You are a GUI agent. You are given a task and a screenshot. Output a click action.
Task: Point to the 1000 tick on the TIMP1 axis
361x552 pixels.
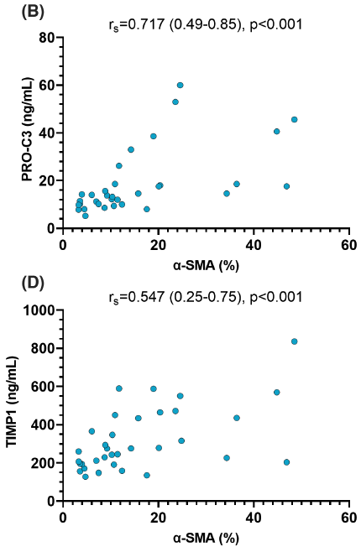41,310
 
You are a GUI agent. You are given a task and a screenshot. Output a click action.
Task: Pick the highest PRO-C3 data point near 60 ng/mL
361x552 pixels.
180,86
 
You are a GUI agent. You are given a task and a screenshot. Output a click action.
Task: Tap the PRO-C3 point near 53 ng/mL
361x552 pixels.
175,102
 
